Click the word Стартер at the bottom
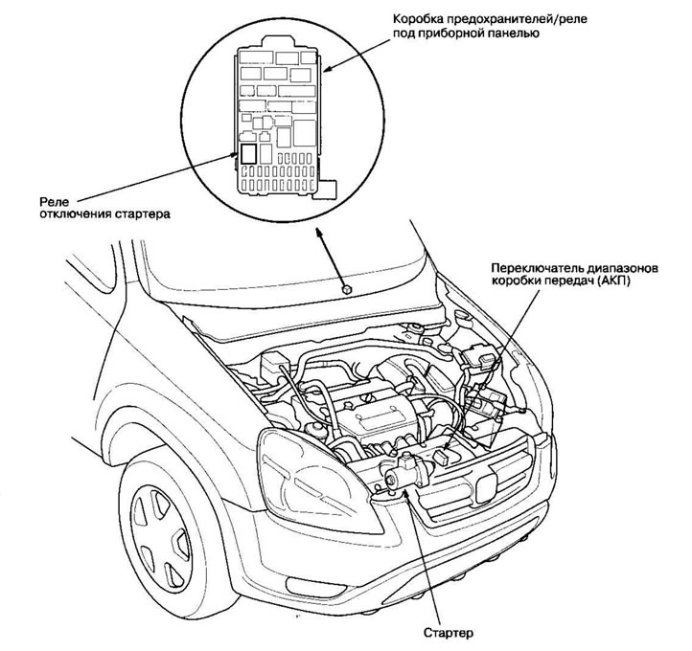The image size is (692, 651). pos(448,634)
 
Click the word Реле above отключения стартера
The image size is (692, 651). pos(55,202)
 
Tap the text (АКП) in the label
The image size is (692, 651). pos(614,281)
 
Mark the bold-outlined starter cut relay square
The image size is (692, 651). pos(248,153)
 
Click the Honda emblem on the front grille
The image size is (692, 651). pos(487,488)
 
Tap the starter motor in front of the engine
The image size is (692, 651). pos(407,473)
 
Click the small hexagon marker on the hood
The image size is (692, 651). pos(347,289)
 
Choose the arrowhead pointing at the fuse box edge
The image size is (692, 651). pos(328,69)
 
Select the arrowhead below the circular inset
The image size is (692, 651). pos(318,233)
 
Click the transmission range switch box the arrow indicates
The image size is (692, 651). pos(442,457)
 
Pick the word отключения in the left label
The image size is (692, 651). pos(74,214)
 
